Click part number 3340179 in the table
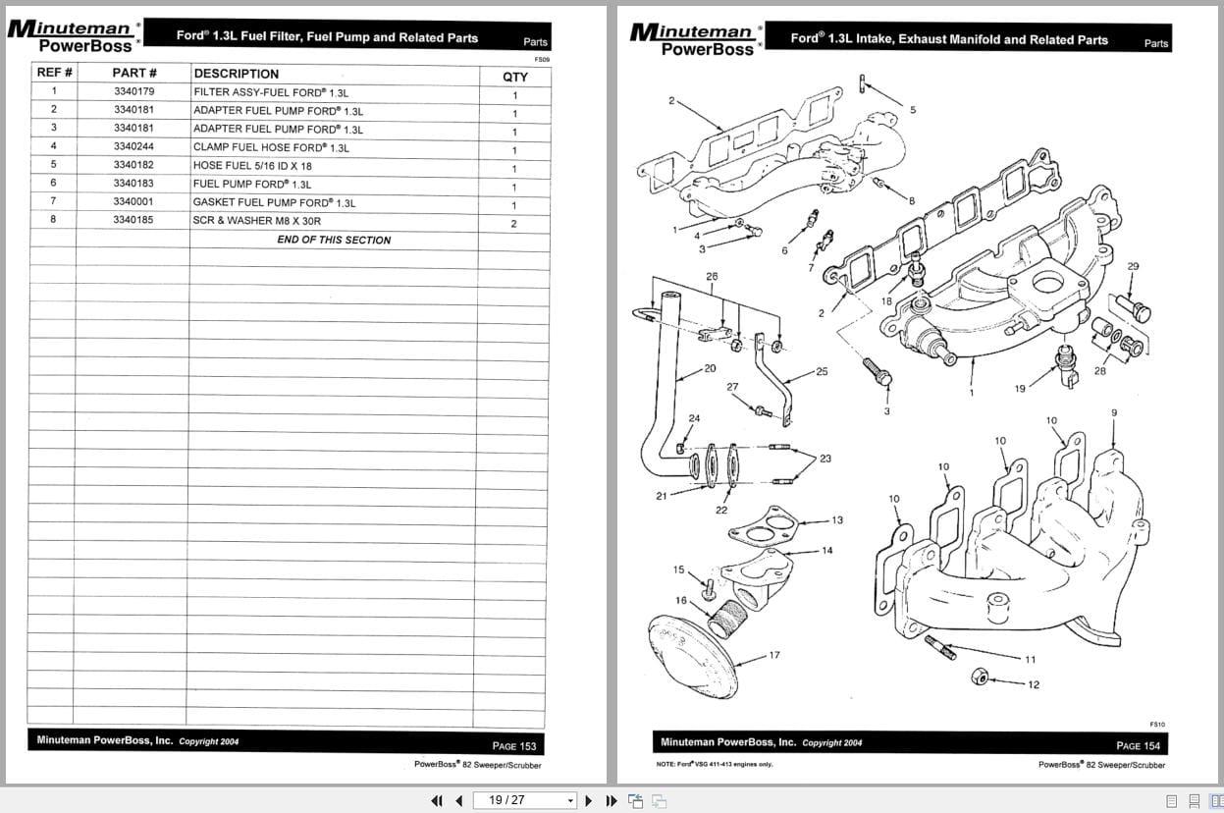[133, 91]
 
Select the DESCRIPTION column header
[236, 74]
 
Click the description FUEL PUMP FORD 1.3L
[252, 185]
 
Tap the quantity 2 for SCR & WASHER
[513, 224]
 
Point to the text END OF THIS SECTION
[334, 240]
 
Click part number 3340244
[133, 146]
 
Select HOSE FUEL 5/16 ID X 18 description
[252, 166]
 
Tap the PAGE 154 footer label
[1138, 746]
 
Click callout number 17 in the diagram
[773, 655]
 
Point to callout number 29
[1133, 266]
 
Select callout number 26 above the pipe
[712, 277]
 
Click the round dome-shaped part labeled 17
[693, 652]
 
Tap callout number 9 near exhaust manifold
[1113, 413]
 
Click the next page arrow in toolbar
[589, 800]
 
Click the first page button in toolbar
[438, 800]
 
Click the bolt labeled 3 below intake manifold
[878, 373]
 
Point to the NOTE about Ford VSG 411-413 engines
[715, 764]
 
